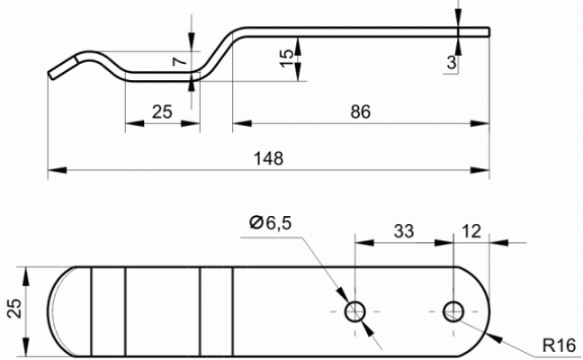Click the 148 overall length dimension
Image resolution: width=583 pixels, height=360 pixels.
268,158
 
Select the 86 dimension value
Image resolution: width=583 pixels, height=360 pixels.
360,112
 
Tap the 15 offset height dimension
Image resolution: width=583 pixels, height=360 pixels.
286,58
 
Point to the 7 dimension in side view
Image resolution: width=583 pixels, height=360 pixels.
180,59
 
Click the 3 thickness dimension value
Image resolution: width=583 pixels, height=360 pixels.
452,62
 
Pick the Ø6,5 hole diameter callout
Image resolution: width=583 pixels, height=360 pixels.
270,223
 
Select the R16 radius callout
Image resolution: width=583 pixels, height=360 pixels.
560,346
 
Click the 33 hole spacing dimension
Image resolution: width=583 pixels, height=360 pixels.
404,231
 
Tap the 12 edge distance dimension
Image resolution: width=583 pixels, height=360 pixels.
471,231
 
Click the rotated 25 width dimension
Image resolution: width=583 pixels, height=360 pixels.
15,309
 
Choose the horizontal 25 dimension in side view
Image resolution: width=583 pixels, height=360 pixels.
162,112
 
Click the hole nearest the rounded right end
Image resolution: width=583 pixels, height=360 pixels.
453,311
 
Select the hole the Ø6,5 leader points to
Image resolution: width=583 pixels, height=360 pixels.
355,311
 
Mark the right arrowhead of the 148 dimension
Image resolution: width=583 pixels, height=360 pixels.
480,170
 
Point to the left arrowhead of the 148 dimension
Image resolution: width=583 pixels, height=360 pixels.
58,170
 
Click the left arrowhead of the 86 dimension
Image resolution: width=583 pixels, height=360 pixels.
242,123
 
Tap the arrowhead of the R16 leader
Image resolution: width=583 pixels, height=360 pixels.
493,337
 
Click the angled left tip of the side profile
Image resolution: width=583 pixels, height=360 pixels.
51,75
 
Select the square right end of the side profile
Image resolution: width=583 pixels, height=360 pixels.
489,32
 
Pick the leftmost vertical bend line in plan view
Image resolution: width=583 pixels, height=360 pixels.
91,311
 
